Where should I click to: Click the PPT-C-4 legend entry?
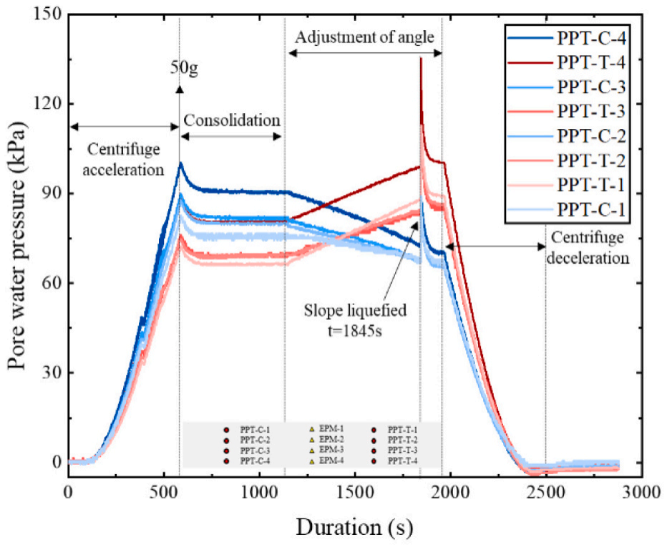click(x=567, y=39)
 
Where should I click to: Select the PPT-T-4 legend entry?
click(x=567, y=62)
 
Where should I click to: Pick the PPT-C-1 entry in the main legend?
click(x=567, y=210)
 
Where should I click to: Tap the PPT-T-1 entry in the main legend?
click(x=567, y=185)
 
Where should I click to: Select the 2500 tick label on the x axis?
click(x=546, y=493)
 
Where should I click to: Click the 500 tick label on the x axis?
click(x=163, y=493)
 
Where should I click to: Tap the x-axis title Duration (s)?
click(x=354, y=527)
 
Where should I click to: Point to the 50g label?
click(x=184, y=67)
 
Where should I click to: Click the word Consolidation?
click(x=232, y=120)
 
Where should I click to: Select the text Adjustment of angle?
click(x=364, y=37)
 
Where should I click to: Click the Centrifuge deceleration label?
click(x=588, y=248)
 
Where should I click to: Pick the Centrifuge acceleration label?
click(x=123, y=160)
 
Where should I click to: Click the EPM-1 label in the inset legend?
click(x=331, y=429)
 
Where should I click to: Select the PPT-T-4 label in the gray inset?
click(x=402, y=460)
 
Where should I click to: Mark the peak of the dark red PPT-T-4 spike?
click(x=421, y=57)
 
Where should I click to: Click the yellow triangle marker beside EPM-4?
click(x=311, y=461)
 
